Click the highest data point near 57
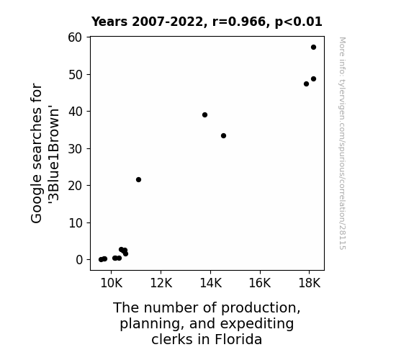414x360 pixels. point(313,48)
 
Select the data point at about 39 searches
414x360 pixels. point(204,115)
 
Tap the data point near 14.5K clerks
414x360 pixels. point(223,136)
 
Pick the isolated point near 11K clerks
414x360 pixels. point(138,179)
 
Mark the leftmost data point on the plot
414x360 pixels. point(101,260)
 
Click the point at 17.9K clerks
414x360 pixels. point(306,84)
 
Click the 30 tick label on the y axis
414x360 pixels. point(76,149)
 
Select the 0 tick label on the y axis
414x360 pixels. point(79,260)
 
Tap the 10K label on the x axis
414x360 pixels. point(112,283)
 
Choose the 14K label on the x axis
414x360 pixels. point(211,283)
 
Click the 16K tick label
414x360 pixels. point(260,283)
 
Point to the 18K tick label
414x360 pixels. point(310,283)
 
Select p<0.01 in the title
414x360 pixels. point(298,22)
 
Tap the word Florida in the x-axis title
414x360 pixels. point(238,339)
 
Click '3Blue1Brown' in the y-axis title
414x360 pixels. point(54,154)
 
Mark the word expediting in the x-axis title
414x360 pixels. point(257,324)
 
